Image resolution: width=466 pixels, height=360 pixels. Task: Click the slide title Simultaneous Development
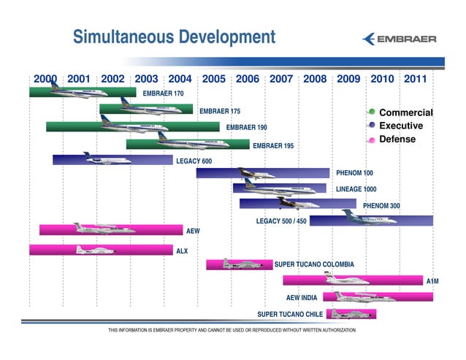[174, 37]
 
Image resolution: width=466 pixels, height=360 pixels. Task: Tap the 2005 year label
[213, 79]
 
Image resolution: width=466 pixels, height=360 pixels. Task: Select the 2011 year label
[416, 79]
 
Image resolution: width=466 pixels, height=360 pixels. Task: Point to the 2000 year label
[45, 79]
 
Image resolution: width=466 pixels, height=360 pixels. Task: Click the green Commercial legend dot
[372, 112]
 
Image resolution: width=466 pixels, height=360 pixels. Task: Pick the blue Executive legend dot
[372, 126]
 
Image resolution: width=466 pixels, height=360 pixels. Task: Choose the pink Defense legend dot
[372, 139]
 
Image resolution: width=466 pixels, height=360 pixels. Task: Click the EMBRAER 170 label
[163, 93]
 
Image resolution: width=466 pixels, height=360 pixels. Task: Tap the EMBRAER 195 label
[273, 146]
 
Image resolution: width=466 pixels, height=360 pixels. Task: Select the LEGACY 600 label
[194, 161]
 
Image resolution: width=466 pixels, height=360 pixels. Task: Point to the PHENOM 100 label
[354, 174]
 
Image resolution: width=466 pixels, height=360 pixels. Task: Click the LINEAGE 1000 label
[356, 189]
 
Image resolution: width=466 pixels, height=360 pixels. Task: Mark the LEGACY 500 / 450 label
[281, 221]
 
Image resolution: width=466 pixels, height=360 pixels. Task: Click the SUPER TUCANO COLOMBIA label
[314, 264]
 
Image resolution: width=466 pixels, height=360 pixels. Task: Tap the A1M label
[433, 280]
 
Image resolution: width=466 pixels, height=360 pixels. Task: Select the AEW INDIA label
[302, 297]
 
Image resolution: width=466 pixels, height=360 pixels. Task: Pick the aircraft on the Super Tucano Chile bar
[343, 314]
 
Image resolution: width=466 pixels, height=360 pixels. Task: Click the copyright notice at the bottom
[232, 330]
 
